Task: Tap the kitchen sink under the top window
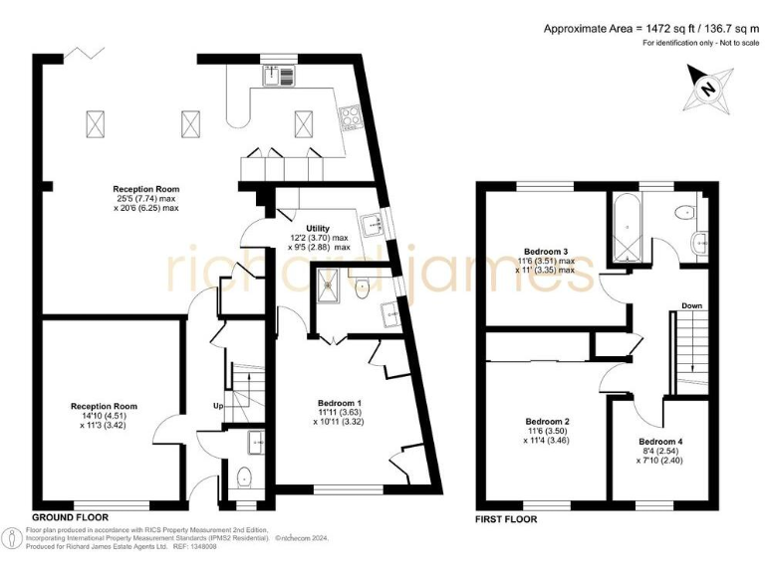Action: pyautogui.click(x=276, y=74)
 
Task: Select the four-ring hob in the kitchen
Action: pyautogui.click(x=352, y=119)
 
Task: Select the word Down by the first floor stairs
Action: pyautogui.click(x=693, y=305)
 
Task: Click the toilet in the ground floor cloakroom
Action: pyautogui.click(x=244, y=477)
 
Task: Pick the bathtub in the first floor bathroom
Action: pyautogui.click(x=625, y=227)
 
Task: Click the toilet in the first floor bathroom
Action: pyautogui.click(x=685, y=211)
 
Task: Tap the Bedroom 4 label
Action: pyautogui.click(x=660, y=441)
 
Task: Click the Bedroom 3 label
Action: pyautogui.click(x=547, y=252)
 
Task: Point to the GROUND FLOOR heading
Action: pyautogui.click(x=70, y=518)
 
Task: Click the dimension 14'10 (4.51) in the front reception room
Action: pyautogui.click(x=104, y=418)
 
